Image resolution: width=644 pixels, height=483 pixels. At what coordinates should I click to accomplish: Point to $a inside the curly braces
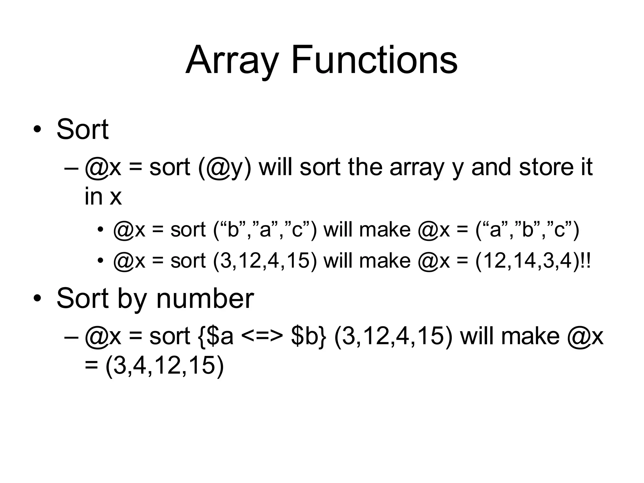tap(220, 336)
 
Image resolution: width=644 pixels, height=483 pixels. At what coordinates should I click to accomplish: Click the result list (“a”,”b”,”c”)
tap(527, 230)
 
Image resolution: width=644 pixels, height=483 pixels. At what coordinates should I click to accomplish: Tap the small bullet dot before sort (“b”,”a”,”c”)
tap(100, 230)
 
